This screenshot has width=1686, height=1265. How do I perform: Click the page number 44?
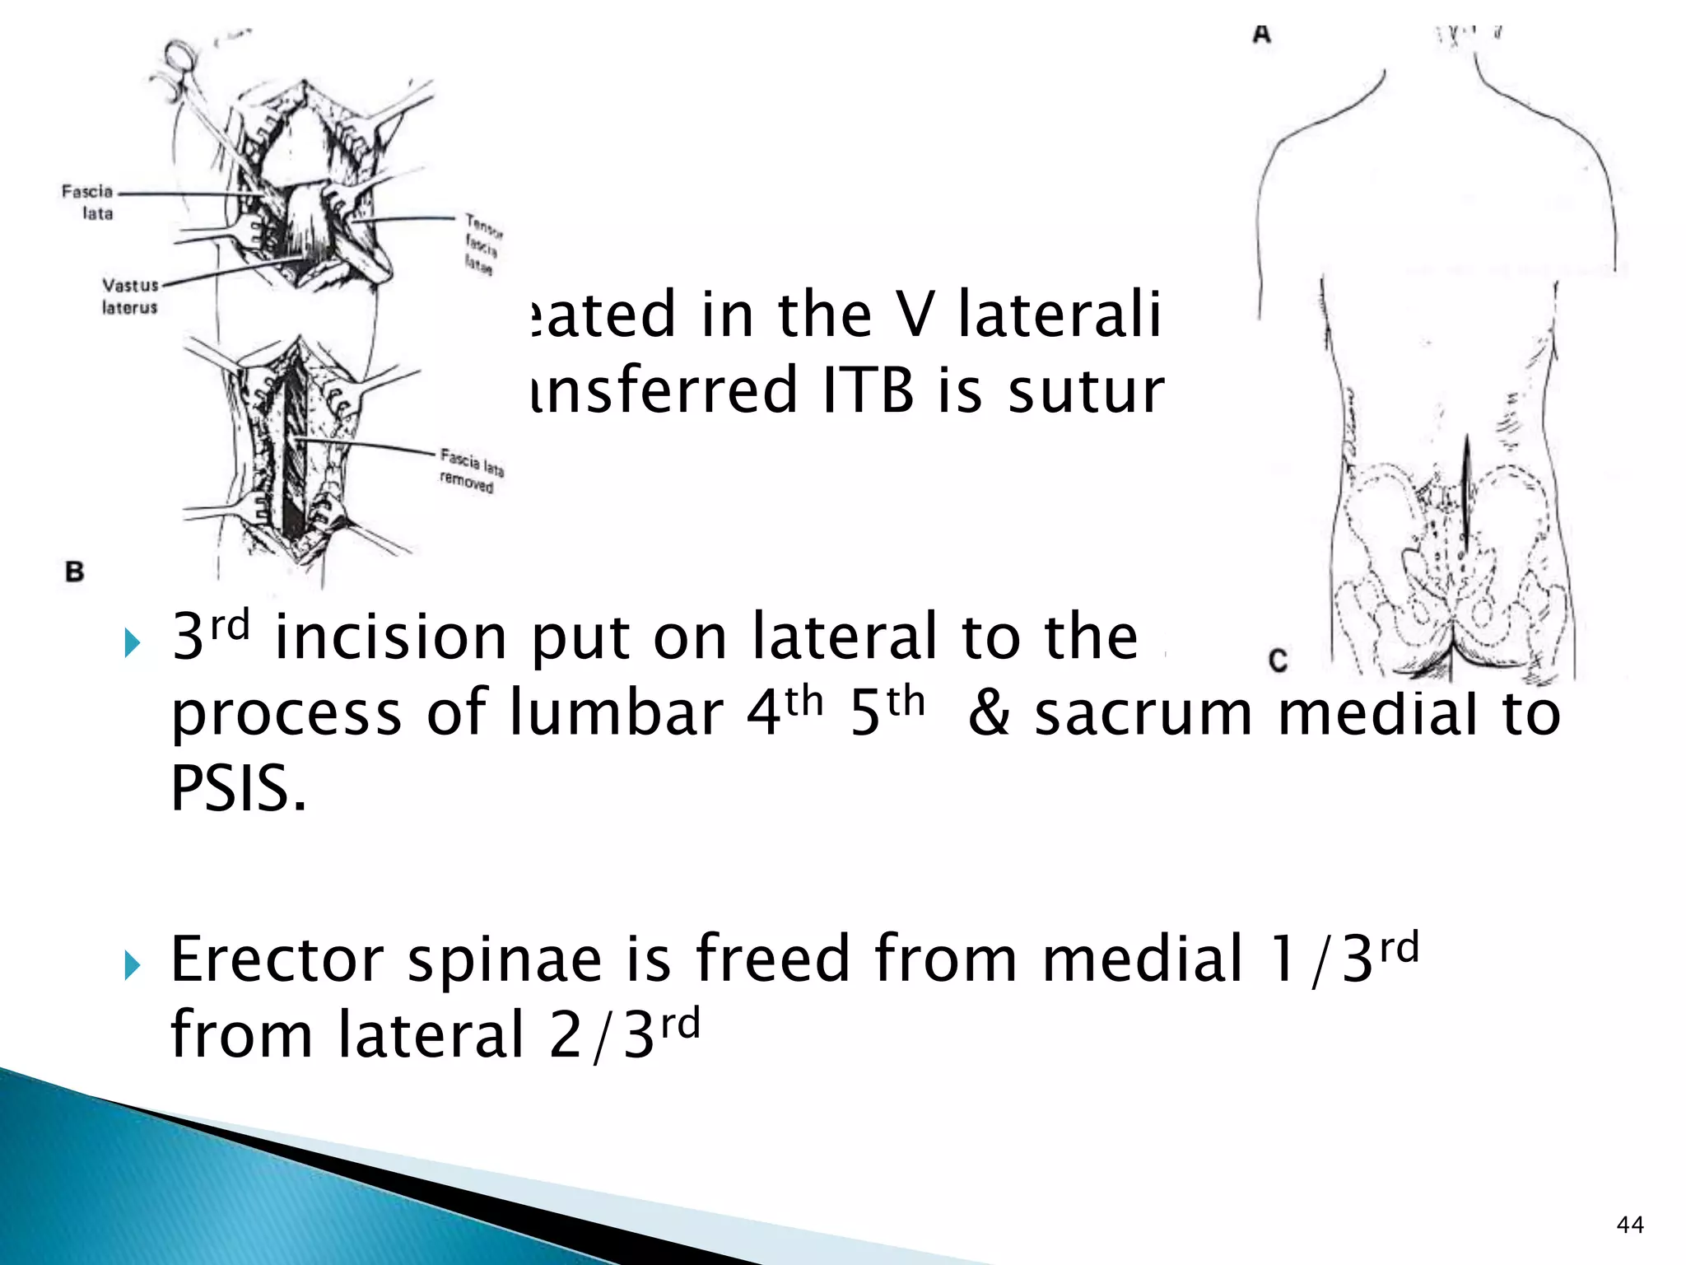1630,1225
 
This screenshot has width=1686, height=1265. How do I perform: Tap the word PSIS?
238,788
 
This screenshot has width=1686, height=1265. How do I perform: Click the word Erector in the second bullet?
277,959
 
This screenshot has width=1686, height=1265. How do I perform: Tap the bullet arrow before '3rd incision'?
133,642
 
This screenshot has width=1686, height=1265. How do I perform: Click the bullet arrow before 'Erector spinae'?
133,965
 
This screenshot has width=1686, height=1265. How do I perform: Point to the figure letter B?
75,572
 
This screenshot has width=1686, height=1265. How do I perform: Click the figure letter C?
1278,661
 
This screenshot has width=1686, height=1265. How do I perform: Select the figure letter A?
1262,35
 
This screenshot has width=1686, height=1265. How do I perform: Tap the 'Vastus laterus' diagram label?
129,296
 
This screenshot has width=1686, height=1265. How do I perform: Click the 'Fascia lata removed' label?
470,470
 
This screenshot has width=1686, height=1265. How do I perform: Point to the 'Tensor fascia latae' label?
482,244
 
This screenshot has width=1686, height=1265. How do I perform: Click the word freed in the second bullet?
773,959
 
